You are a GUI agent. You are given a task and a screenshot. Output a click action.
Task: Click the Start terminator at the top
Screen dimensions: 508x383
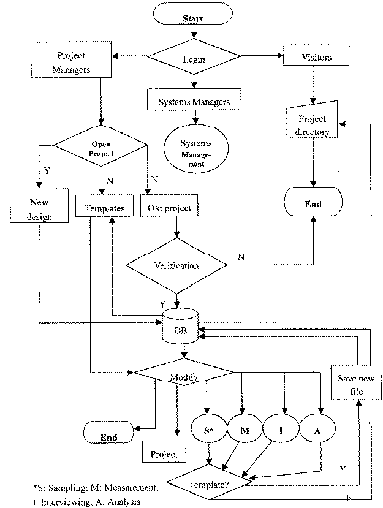click(x=194, y=18)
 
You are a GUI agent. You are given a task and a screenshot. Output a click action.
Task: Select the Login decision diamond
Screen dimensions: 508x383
click(x=194, y=59)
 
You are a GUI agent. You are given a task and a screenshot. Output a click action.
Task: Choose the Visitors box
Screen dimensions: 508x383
click(x=317, y=58)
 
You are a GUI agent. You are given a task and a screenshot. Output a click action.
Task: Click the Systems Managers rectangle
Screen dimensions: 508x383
click(x=194, y=102)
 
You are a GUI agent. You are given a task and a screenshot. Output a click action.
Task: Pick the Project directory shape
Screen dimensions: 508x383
click(x=313, y=124)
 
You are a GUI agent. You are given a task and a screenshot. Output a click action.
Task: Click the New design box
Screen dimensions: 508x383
click(x=39, y=208)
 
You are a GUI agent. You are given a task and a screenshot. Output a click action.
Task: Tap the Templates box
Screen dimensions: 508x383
click(x=104, y=208)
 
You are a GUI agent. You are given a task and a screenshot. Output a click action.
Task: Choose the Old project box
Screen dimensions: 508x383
click(x=170, y=208)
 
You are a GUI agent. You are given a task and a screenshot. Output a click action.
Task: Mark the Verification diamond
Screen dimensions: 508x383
click(x=176, y=266)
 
